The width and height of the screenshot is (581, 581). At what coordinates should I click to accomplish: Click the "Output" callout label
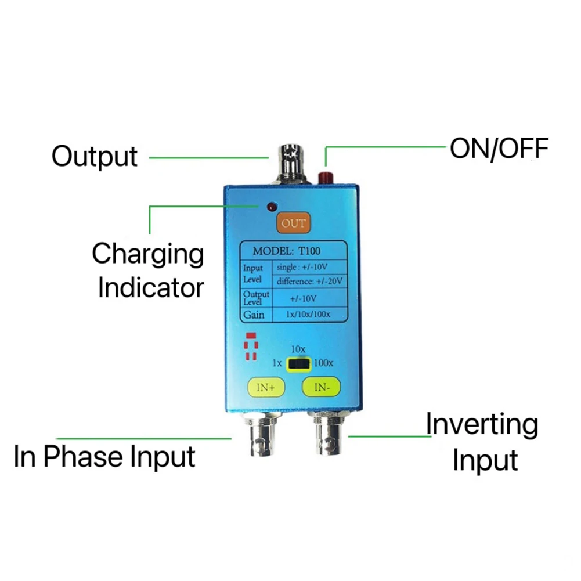[95, 156]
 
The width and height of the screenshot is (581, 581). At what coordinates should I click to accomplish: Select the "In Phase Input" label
[105, 456]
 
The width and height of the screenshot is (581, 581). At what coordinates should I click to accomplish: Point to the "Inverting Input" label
[481, 442]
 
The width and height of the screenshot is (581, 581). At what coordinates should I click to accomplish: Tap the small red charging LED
[270, 206]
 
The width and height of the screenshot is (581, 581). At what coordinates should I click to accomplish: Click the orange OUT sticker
[293, 223]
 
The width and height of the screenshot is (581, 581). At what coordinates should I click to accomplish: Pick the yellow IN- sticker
[321, 387]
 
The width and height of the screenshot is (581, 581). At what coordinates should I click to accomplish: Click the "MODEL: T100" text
[286, 251]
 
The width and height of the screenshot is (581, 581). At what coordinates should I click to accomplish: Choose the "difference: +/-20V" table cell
[309, 281]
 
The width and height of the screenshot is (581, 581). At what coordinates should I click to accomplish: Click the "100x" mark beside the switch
[324, 363]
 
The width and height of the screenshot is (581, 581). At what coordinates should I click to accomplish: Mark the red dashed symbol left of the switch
[250, 347]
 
